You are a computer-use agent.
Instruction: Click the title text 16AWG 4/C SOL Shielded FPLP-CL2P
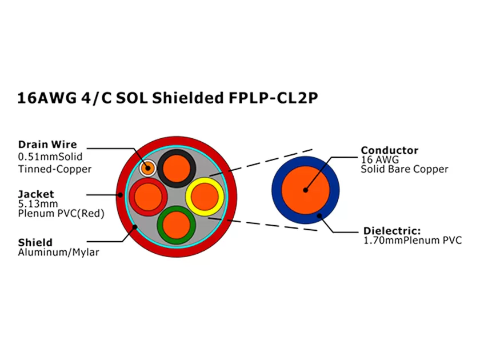(x=167, y=98)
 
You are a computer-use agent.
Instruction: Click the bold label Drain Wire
(x=47, y=145)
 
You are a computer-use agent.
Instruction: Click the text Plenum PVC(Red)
(x=61, y=214)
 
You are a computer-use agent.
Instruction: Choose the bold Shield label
(x=35, y=242)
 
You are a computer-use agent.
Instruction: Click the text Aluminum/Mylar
(x=58, y=253)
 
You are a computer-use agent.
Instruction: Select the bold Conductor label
(x=389, y=150)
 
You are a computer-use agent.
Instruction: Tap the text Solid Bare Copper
(x=405, y=169)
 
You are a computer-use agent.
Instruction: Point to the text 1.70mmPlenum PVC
(x=413, y=241)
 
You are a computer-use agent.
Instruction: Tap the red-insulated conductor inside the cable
(x=148, y=196)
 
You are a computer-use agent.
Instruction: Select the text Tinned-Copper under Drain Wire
(x=55, y=169)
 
